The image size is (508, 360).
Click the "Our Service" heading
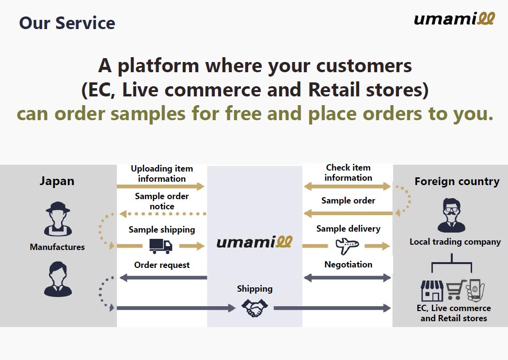click(x=67, y=23)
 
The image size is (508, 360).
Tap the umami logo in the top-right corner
click(x=454, y=18)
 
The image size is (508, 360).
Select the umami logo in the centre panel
click(x=254, y=242)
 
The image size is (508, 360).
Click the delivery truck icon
click(x=161, y=246)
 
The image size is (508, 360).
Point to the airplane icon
click(x=347, y=246)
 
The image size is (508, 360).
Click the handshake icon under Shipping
click(x=254, y=308)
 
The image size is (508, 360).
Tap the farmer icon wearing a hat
click(x=58, y=219)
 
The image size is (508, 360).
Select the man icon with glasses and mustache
click(x=451, y=215)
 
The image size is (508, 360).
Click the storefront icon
click(x=432, y=290)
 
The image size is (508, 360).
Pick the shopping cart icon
click(x=455, y=289)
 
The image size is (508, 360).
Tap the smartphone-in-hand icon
click(x=475, y=290)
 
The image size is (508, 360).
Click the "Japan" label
click(x=57, y=181)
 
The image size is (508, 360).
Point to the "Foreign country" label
click(x=457, y=181)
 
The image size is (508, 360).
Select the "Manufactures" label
click(x=57, y=247)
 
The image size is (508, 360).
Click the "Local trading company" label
click(x=455, y=242)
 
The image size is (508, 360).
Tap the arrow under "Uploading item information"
click(x=161, y=186)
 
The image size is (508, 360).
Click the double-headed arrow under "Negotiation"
click(x=347, y=278)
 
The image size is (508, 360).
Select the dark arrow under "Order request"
click(x=163, y=278)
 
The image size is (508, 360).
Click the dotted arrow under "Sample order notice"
click(x=163, y=214)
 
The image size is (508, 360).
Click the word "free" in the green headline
click(x=243, y=114)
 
